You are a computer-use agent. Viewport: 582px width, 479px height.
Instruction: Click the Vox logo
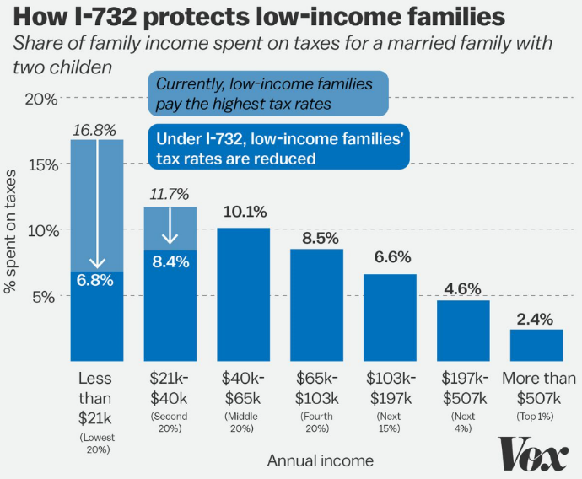point(533,454)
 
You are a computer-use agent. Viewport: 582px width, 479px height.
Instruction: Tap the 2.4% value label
point(536,319)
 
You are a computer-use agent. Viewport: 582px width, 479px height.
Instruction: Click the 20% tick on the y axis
point(41,99)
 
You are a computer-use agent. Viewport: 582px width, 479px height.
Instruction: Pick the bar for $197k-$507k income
point(463,330)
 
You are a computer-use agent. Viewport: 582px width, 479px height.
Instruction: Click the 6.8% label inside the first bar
point(96,280)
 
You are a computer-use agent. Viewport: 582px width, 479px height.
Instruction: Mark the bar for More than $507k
point(536,344)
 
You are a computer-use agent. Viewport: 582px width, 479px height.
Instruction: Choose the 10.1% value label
point(243,211)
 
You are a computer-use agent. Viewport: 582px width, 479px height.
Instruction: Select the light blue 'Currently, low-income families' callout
point(267,94)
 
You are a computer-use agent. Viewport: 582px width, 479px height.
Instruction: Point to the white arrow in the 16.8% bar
point(97,202)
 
